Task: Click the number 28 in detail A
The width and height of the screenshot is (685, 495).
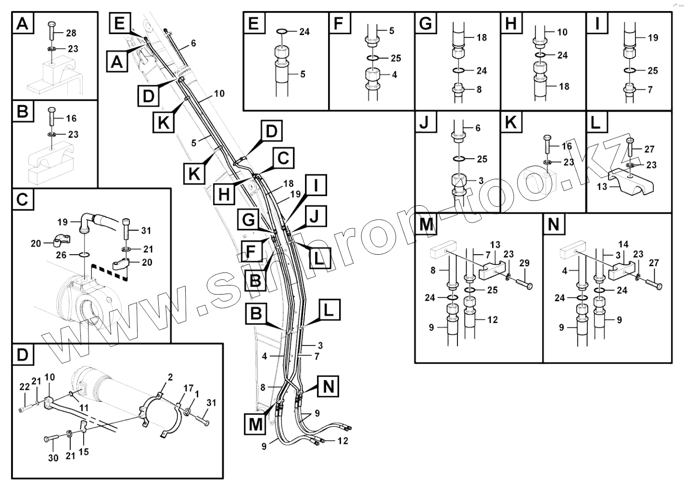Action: tap(71, 33)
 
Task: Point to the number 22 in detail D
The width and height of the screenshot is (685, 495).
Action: tap(25, 387)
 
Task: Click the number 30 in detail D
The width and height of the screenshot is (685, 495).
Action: tap(53, 458)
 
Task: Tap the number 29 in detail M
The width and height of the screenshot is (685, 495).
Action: tap(524, 263)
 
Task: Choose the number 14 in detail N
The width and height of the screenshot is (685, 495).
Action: tap(623, 245)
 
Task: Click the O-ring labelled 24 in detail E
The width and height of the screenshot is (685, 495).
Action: tap(282, 32)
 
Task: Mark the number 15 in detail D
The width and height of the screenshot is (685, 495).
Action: tap(84, 452)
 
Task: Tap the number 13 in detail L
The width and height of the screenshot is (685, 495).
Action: tap(602, 186)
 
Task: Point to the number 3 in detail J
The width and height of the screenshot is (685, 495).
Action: tap(481, 181)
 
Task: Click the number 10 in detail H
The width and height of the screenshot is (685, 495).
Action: tap(562, 32)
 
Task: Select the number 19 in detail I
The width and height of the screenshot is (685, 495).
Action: tap(653, 37)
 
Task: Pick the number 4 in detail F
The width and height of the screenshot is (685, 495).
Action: tap(394, 75)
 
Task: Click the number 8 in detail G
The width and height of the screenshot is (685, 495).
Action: tap(479, 89)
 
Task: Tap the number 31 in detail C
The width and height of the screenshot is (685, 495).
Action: tap(146, 231)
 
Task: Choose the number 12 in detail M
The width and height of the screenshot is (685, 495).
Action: tap(492, 320)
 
